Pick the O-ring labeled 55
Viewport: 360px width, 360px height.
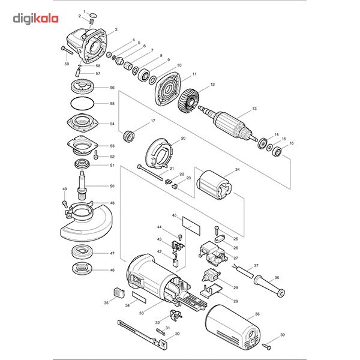click(82, 103)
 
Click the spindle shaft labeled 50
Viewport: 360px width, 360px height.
click(83, 182)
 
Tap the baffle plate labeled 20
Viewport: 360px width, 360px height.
click(161, 154)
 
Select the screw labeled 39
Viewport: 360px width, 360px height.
click(269, 346)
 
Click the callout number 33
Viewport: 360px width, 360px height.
click(141, 313)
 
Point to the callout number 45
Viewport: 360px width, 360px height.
click(174, 215)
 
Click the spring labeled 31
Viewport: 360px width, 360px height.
click(160, 331)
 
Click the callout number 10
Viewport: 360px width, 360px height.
click(179, 65)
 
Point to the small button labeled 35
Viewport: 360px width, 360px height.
click(117, 292)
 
